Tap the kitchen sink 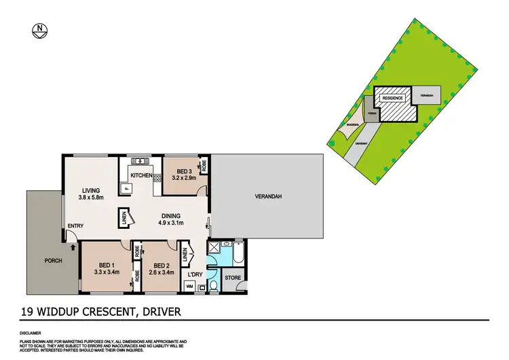point(140,161)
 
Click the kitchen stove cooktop point(157,177)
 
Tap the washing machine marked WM point(189,287)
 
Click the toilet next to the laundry point(214,285)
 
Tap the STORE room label point(233,277)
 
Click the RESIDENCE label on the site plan point(392,98)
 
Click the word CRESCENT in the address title point(104,312)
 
